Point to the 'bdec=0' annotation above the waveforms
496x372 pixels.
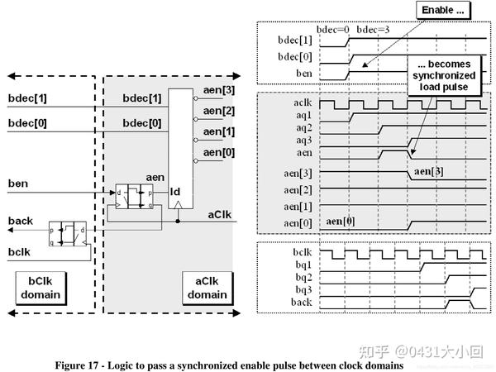pos(333,30)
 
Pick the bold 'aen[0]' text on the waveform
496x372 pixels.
pos(341,222)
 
